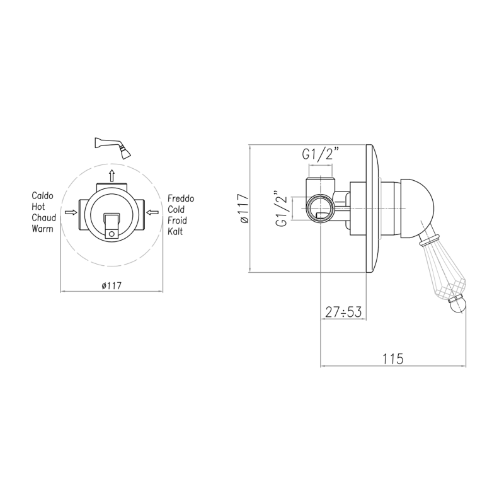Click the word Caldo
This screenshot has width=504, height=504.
[x=42, y=196]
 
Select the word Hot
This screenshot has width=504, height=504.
[x=38, y=207]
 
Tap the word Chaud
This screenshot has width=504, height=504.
[x=43, y=217]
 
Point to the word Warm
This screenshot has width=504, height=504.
[x=42, y=229]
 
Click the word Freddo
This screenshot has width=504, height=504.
[x=181, y=198]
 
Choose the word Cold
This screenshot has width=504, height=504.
[x=176, y=210]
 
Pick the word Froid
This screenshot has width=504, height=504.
[x=177, y=220]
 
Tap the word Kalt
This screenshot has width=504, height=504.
[x=175, y=231]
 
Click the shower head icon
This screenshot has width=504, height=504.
[x=113, y=147]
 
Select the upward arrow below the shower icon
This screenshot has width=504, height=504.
[x=112, y=176]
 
